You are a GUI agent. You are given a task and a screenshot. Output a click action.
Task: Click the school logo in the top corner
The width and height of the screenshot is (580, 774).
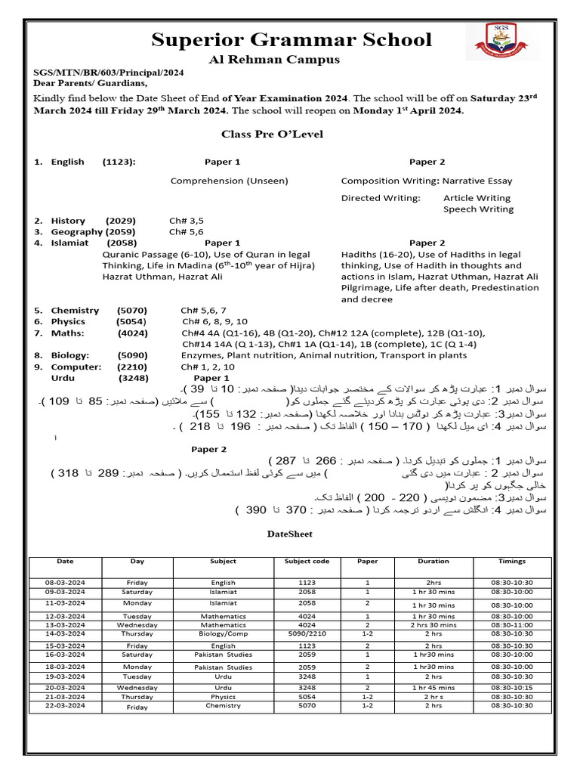(507, 41)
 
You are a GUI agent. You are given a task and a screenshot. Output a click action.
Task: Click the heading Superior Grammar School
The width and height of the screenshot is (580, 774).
(292, 39)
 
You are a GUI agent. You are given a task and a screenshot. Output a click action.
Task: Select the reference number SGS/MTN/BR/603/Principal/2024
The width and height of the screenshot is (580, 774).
(108, 73)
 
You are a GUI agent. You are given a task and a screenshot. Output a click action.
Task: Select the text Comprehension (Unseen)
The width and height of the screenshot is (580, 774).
(230, 181)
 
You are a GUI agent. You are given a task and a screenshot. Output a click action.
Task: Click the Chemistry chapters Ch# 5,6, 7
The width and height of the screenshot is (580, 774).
(203, 310)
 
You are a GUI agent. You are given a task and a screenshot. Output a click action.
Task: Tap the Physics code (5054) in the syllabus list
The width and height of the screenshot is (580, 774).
(131, 321)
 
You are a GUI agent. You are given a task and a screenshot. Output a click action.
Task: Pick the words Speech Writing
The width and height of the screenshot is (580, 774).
(478, 209)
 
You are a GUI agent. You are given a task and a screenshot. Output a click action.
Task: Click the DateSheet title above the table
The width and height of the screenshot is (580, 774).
(290, 534)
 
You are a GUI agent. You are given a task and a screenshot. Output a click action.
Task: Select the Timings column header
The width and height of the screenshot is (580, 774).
(512, 562)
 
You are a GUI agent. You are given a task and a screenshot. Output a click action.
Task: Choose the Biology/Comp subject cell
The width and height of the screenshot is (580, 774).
(223, 635)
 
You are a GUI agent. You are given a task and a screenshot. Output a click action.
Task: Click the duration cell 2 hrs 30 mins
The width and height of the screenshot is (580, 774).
(433, 625)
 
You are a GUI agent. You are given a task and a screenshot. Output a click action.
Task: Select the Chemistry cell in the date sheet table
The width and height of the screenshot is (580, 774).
(223, 705)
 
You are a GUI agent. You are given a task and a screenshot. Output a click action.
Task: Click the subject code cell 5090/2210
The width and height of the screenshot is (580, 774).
(307, 635)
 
